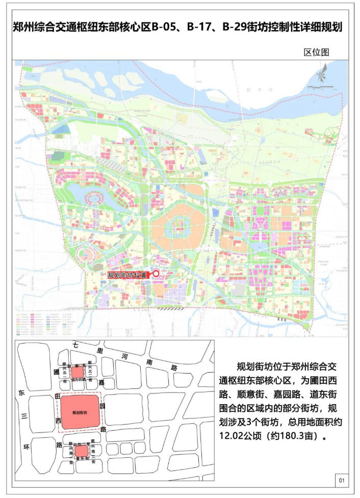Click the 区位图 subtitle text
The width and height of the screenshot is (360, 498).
point(317,52)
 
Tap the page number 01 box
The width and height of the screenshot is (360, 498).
point(341,480)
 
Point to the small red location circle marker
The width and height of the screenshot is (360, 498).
point(156,273)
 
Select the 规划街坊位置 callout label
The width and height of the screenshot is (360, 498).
point(127,275)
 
